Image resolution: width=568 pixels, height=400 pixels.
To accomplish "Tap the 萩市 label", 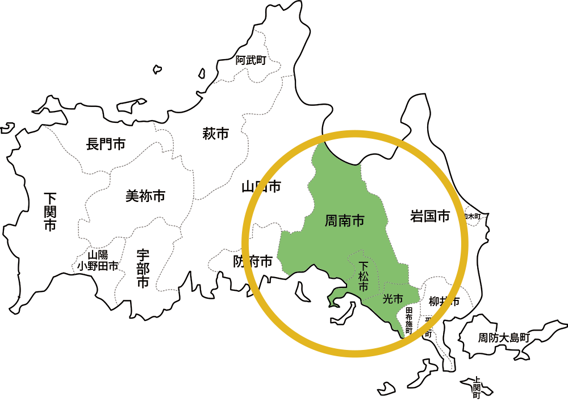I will (216, 134).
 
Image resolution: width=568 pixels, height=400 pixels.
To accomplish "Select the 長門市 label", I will (106, 144).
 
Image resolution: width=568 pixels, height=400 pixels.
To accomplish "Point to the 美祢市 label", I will (145, 196).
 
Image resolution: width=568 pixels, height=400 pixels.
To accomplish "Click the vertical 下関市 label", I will (51, 211).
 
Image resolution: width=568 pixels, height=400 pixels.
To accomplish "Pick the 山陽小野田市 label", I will (98, 261).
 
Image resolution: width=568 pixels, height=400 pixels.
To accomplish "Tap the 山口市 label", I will (261, 186).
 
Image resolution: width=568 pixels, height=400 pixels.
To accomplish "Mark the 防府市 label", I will (253, 262).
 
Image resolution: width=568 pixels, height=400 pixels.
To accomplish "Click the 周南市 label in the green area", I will (344, 220).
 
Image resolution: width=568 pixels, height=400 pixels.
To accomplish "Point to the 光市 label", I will (393, 299).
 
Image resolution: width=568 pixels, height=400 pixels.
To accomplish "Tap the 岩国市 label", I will (429, 216).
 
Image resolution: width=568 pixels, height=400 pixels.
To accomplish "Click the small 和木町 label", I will (473, 217).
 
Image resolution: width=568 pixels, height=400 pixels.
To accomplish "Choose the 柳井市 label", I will (444, 302).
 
